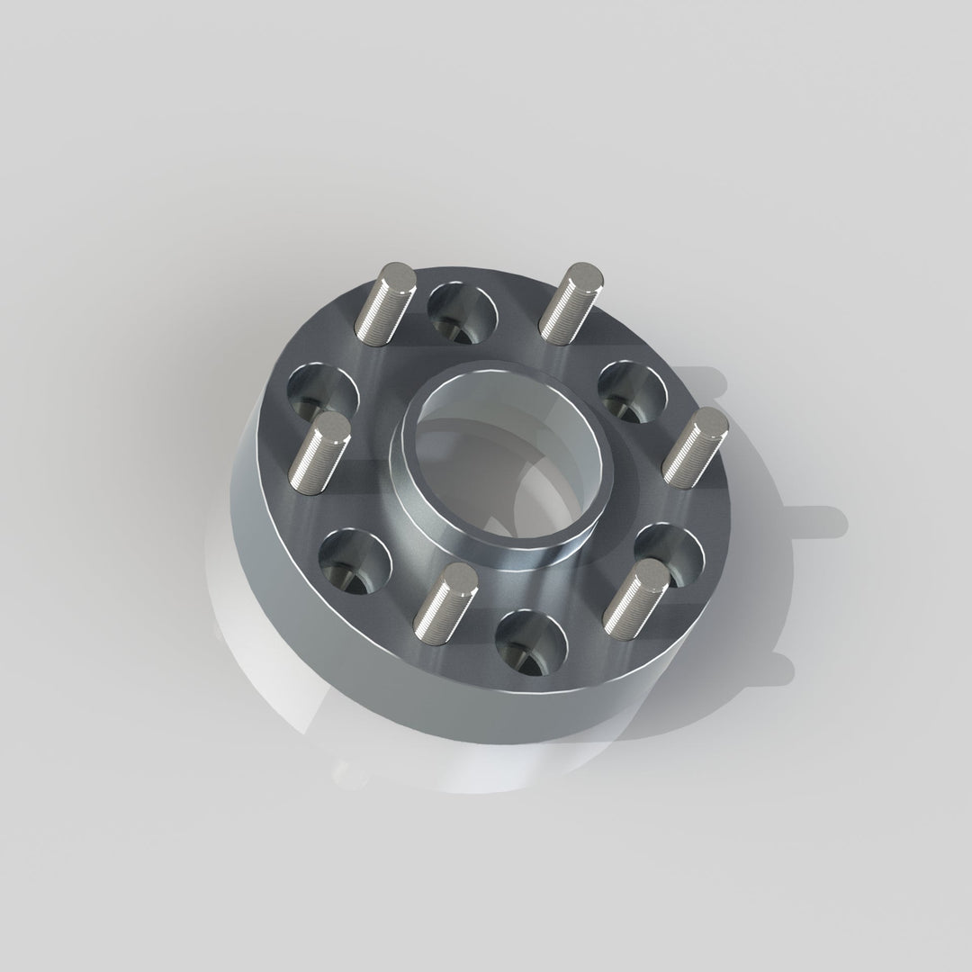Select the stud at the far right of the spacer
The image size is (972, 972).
tap(694, 445)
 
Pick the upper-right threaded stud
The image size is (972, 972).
tap(569, 302)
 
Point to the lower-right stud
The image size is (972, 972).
tap(635, 595)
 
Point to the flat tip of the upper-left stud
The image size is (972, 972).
tap(397, 275)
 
